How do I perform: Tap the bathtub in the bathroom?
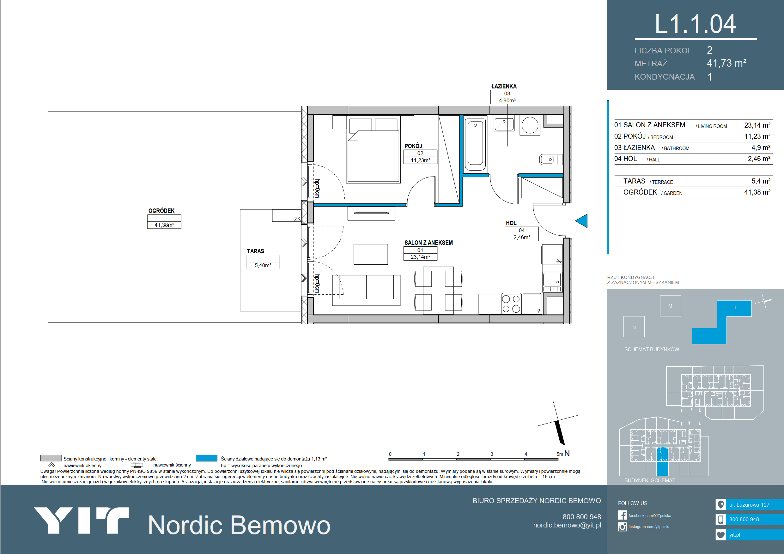coord(475,145)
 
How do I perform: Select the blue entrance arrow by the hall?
coord(581,220)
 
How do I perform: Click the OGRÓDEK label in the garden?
coord(161,211)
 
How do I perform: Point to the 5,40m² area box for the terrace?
coord(263,265)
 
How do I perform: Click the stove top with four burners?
coord(511,304)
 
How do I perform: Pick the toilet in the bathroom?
coord(550,160)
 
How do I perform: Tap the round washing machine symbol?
coord(530,125)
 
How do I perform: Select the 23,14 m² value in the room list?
coord(757,125)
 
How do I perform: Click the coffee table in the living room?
coord(370,254)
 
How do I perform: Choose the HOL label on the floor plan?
coord(511,223)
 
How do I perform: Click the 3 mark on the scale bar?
coord(492,454)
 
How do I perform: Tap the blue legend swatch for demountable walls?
coord(207,458)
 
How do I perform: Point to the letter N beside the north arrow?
coord(567,453)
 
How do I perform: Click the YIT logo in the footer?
coord(81,520)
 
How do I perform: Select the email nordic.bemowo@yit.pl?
coord(567,525)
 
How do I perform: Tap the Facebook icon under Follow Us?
coord(622,515)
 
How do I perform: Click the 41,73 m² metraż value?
coord(726,63)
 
